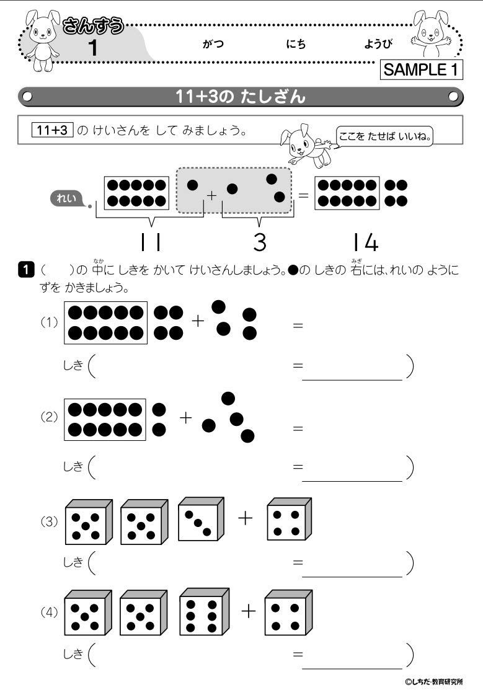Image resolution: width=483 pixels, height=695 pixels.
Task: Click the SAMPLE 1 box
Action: [421, 69]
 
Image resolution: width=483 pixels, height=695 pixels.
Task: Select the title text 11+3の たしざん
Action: [241, 97]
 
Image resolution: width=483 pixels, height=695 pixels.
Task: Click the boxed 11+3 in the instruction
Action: [53, 130]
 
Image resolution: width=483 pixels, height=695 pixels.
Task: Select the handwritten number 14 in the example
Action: [365, 242]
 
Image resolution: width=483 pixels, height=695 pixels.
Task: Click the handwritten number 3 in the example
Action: [260, 242]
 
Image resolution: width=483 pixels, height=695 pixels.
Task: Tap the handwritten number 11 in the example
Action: [151, 242]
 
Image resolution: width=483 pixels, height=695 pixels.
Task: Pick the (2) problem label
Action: [49, 417]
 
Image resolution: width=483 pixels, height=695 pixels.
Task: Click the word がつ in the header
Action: [213, 45]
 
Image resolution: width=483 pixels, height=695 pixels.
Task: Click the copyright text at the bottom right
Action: [433, 682]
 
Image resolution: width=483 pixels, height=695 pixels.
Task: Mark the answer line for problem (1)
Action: [352, 379]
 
